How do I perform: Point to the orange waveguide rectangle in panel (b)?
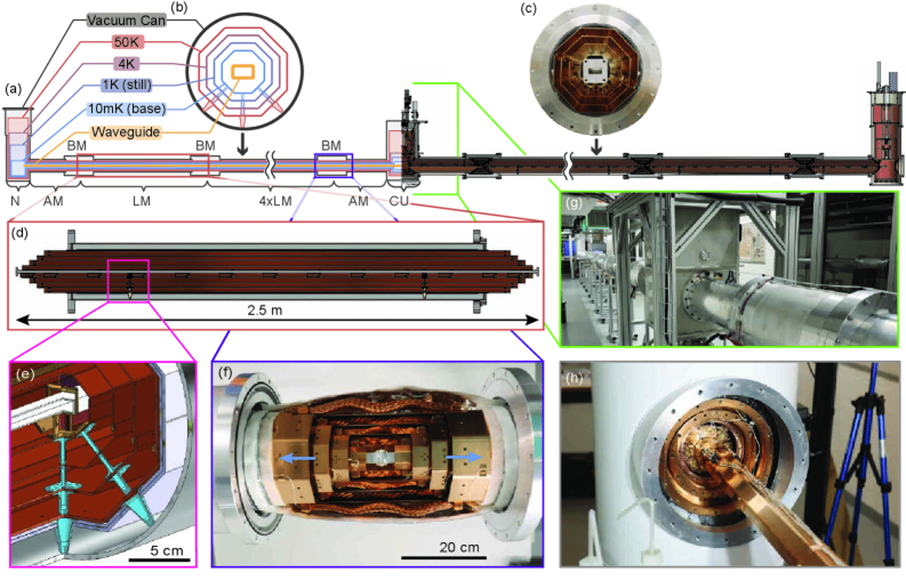point(242,72)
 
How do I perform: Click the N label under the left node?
point(14,202)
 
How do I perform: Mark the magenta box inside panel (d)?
point(128,280)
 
